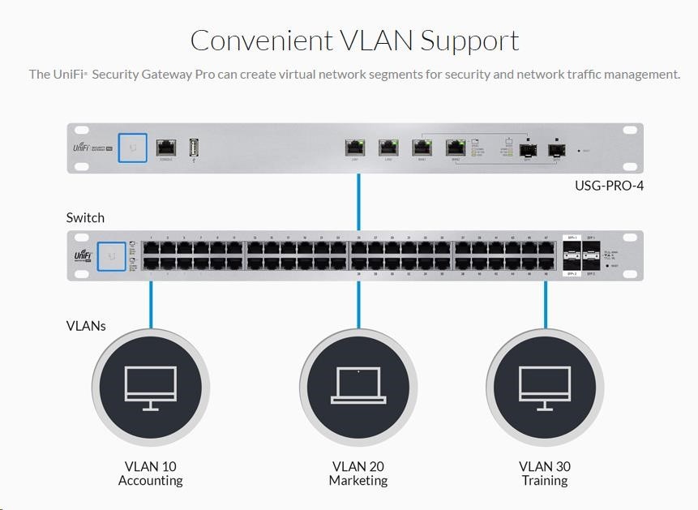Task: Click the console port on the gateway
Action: [x=166, y=148]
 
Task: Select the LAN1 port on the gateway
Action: [x=355, y=148]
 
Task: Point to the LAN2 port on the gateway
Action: [x=389, y=148]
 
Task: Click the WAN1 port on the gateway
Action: [x=422, y=148]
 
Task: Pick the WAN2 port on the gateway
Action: [x=455, y=148]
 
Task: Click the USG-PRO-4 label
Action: [x=609, y=186]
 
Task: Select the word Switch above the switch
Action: [x=85, y=217]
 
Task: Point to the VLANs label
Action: [x=86, y=326]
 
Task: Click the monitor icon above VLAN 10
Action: [x=150, y=386]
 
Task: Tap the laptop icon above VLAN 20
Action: [x=358, y=386]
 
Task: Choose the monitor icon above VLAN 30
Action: [x=545, y=386]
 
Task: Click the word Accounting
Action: [x=150, y=481]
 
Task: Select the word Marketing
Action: [x=358, y=481]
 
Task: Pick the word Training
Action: [x=545, y=481]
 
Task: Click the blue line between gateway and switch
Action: [x=358, y=202]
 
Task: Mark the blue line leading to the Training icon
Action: [x=545, y=304]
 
